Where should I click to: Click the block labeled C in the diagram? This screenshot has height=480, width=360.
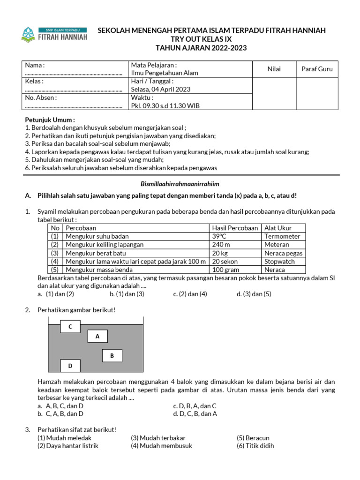70,326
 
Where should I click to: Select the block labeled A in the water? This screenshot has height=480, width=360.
97,336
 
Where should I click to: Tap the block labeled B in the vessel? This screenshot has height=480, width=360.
112,356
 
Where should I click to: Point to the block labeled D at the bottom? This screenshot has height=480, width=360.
70,366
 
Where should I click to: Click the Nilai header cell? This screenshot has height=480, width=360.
274,69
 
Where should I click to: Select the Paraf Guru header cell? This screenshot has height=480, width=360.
316,69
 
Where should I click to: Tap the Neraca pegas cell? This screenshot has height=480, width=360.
283,253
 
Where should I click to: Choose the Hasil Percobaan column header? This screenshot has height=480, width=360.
235,228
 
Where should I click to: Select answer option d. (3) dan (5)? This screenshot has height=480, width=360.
254,294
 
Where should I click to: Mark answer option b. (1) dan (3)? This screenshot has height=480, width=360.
127,294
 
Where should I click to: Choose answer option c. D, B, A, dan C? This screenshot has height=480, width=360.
195,406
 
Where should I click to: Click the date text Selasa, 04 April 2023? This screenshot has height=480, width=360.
160,89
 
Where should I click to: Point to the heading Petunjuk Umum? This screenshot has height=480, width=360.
50,120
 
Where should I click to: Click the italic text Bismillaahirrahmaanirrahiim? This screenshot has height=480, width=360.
180,184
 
